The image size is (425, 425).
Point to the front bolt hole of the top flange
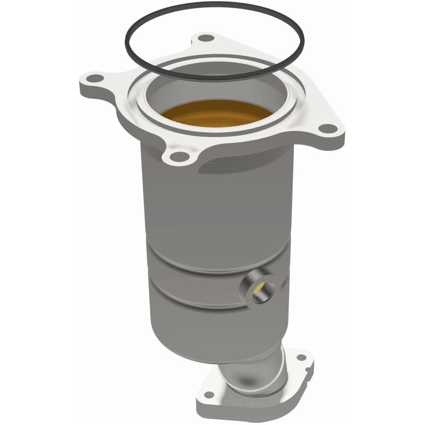coord(180,156)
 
